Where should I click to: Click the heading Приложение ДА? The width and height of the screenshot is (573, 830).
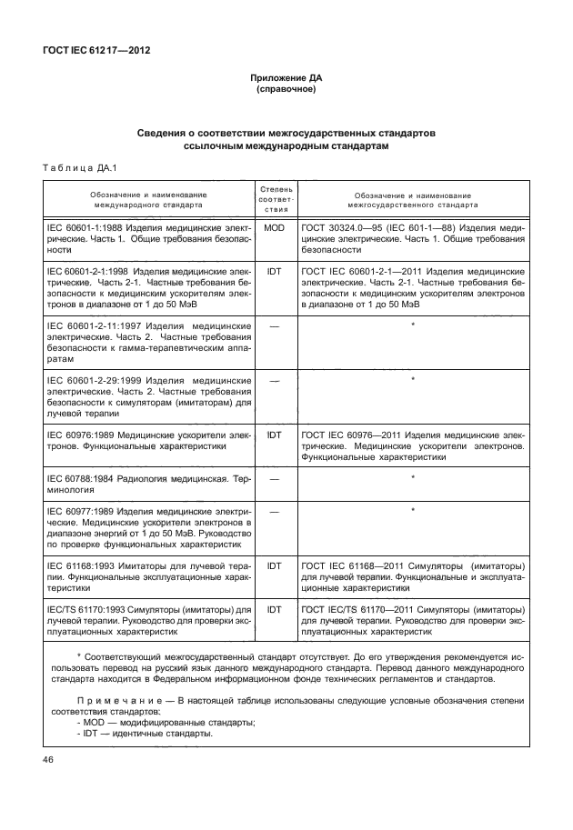[286, 79]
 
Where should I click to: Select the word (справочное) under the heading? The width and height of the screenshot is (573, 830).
[286, 91]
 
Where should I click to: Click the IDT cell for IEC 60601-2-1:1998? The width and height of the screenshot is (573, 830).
[274, 272]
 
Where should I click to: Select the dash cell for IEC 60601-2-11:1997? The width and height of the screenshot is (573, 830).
[274, 325]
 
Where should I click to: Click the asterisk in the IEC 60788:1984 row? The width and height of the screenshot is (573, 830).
[414, 476]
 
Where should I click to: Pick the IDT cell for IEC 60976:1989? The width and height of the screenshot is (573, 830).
[274, 435]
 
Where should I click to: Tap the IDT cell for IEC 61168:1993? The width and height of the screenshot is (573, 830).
[274, 565]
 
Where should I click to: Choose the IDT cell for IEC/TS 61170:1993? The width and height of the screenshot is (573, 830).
[274, 608]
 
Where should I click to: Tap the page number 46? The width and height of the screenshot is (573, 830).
[49, 758]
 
